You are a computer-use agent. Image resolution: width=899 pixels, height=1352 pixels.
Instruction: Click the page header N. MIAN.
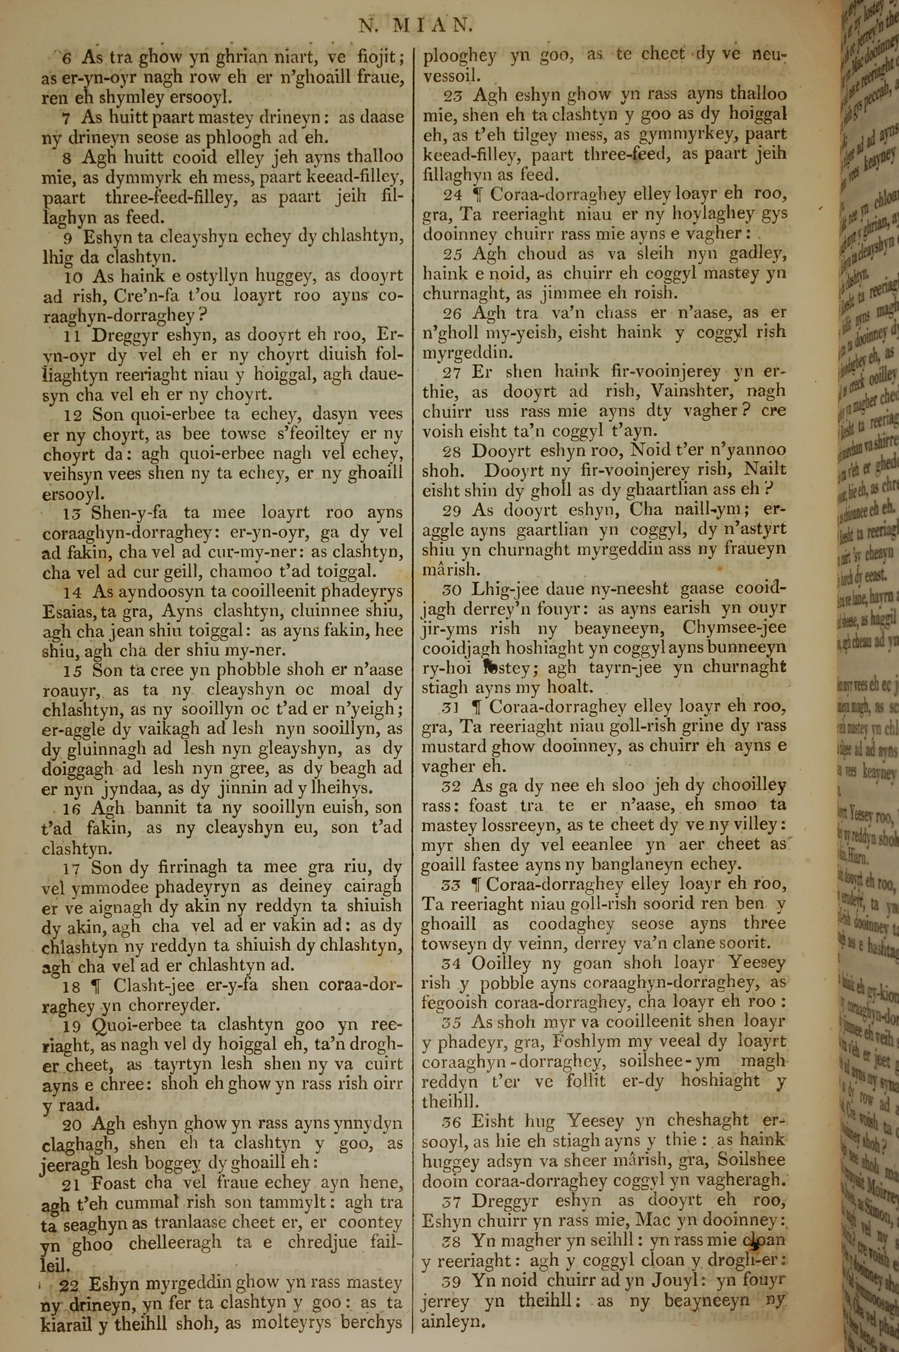[x=415, y=25]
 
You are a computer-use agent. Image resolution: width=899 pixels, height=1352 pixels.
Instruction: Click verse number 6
[x=67, y=58]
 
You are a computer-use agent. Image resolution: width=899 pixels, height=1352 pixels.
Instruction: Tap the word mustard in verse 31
[x=452, y=746]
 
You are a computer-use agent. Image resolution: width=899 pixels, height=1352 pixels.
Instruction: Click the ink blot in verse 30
[x=491, y=665]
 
